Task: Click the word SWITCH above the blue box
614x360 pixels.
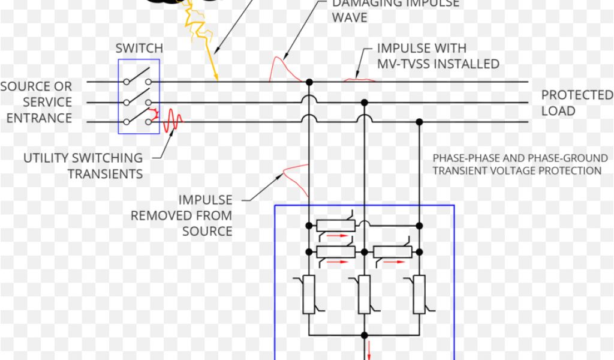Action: (x=139, y=48)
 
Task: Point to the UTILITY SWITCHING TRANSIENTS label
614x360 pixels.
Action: (x=83, y=166)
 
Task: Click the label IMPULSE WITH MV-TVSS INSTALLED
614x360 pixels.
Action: (x=438, y=55)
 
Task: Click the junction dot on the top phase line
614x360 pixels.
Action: (x=309, y=82)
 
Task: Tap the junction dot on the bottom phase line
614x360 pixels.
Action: (x=419, y=122)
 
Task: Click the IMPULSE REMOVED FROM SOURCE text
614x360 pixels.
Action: (x=182, y=215)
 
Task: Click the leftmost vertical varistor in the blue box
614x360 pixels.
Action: (x=309, y=294)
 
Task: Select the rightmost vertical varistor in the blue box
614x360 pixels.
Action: (x=419, y=294)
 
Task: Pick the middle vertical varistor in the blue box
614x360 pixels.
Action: (x=364, y=294)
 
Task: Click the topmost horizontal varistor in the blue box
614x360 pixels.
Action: (x=335, y=226)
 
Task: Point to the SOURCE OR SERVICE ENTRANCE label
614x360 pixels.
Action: (x=37, y=102)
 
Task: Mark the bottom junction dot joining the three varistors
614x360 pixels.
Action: (x=364, y=334)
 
